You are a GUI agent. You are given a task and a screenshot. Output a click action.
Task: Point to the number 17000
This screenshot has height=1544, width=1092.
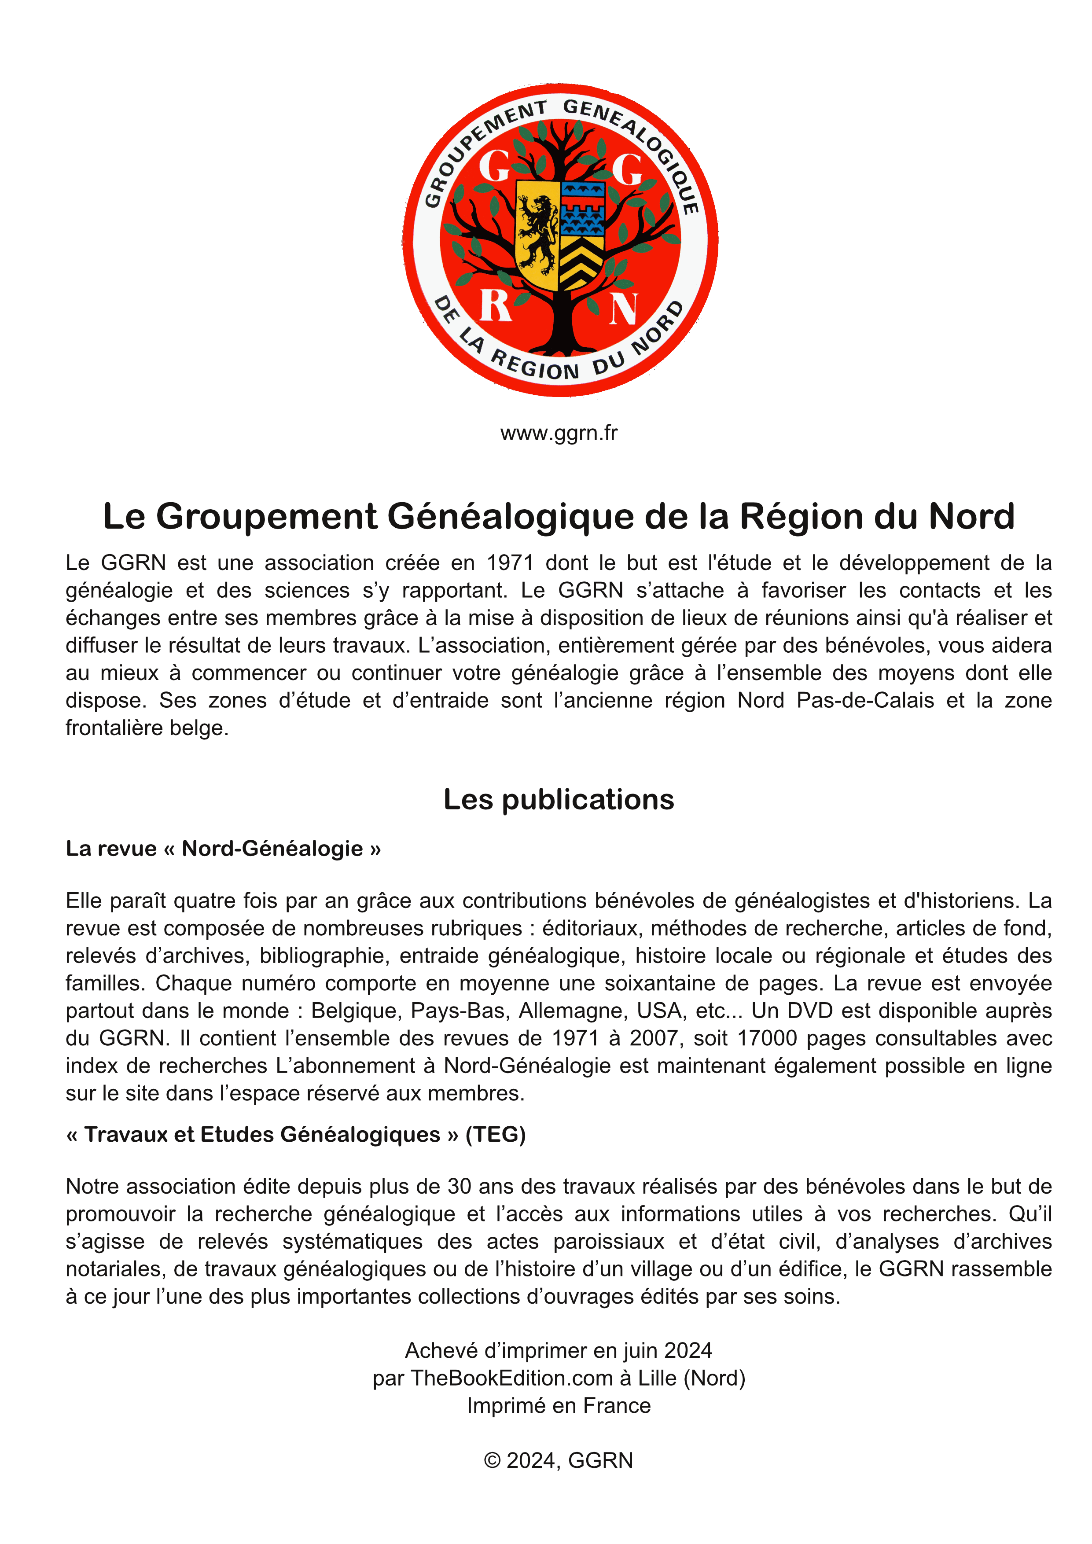(766, 1038)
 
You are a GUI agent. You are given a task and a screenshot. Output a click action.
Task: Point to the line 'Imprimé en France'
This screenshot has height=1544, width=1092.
(559, 1405)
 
